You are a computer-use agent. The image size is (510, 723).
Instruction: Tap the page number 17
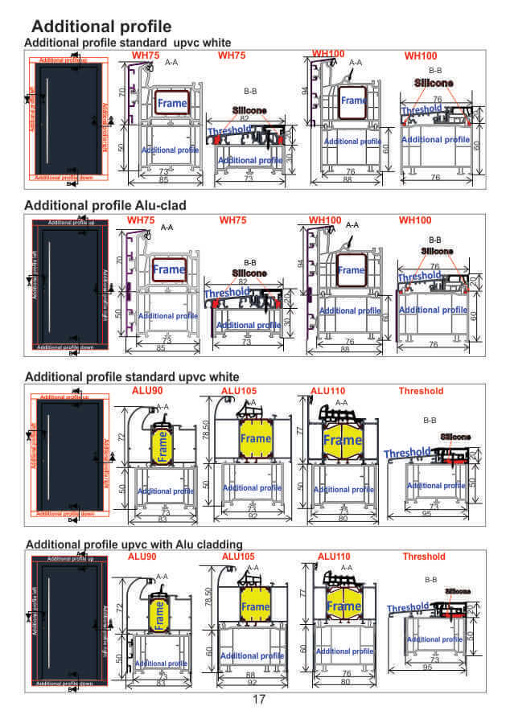(259, 699)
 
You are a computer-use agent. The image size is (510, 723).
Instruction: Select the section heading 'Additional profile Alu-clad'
(105, 205)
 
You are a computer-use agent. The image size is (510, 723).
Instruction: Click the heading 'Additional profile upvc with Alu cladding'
(134, 544)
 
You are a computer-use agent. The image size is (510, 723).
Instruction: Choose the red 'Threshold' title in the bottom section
(423, 557)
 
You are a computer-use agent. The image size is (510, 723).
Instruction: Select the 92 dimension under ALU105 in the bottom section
(251, 681)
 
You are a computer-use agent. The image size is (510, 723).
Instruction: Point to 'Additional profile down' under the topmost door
(65, 177)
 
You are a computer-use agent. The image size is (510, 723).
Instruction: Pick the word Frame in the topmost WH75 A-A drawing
(172, 103)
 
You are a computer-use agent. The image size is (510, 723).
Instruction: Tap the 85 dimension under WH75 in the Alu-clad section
(162, 349)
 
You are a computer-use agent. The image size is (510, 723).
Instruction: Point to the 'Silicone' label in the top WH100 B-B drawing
(434, 83)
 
